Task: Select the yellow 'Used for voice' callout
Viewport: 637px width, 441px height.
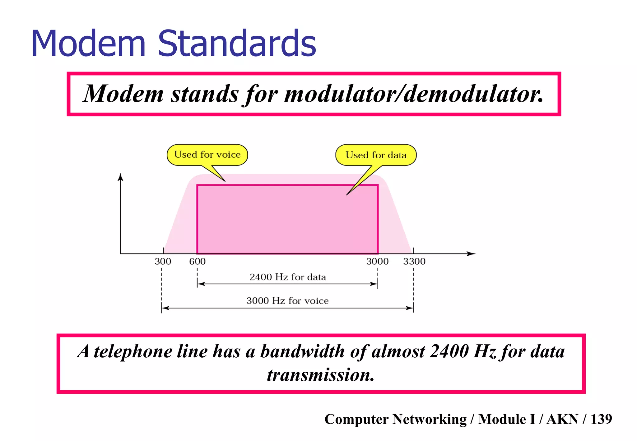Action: point(207,155)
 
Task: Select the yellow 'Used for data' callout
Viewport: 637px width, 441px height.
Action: point(376,155)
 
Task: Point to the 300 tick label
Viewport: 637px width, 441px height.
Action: point(163,262)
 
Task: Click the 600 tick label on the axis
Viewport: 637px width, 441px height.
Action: point(197,262)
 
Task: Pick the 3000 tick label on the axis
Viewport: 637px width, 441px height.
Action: point(377,262)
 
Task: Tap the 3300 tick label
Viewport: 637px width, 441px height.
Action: point(414,262)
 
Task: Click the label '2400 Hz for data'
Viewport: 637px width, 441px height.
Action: point(288,277)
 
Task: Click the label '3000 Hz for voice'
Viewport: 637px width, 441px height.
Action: point(287,301)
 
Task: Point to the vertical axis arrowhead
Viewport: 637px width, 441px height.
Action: point(121,177)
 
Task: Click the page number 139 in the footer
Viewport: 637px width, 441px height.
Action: point(601,419)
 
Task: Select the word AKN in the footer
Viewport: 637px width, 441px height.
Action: point(562,419)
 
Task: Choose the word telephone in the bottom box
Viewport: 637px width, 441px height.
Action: point(133,352)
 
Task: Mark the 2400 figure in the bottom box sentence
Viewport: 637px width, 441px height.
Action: point(449,352)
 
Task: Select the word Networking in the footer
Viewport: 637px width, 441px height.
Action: point(429,419)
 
